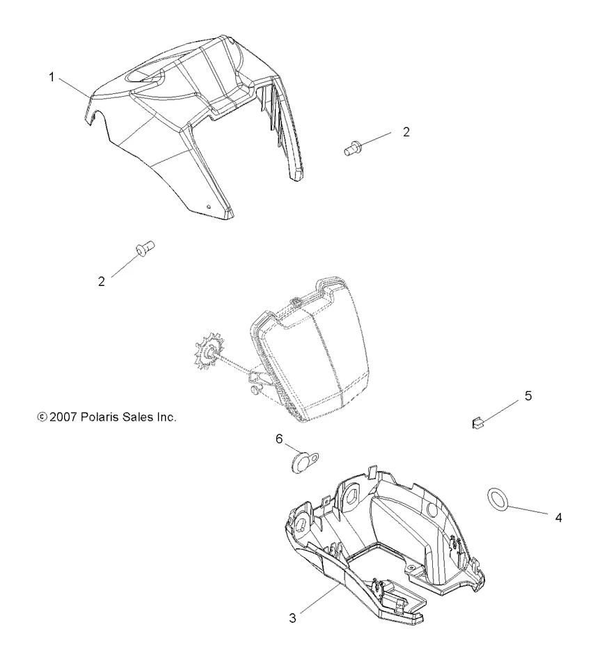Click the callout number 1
click(52, 78)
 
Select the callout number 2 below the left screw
click(102, 281)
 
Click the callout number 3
click(293, 617)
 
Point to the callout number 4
click(557, 518)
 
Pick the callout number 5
click(528, 396)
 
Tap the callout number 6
click(279, 438)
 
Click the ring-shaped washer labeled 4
click(496, 498)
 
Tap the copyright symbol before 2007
click(41, 417)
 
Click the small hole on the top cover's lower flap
click(209, 206)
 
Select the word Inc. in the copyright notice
click(166, 417)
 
